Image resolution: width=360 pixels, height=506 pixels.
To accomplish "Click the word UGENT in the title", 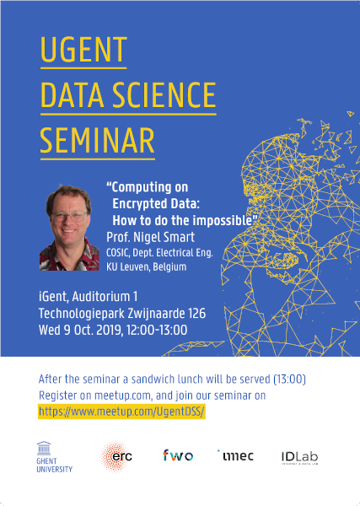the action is [x=83, y=50].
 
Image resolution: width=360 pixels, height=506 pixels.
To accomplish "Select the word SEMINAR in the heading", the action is [x=98, y=141].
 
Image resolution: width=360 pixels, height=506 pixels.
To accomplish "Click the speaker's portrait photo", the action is [x=69, y=228].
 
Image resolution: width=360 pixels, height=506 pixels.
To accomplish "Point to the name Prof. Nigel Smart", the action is [x=150, y=237].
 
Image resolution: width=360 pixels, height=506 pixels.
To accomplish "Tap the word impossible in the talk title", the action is [x=222, y=220].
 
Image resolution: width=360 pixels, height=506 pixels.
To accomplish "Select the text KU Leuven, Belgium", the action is [x=146, y=266].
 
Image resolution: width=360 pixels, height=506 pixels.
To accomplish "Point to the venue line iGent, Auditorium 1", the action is [x=88, y=297].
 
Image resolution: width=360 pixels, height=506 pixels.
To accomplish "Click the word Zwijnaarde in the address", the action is [x=158, y=314].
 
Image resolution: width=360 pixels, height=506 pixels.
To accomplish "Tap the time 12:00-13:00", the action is [x=157, y=330].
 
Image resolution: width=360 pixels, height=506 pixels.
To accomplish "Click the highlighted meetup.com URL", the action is [x=121, y=412].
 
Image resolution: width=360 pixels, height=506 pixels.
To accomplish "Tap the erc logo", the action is [x=116, y=456].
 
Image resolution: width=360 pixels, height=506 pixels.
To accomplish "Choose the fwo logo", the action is [x=178, y=455].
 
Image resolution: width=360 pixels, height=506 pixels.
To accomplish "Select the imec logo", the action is [x=235, y=455].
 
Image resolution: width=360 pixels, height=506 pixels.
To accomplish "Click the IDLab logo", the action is [x=299, y=458].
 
